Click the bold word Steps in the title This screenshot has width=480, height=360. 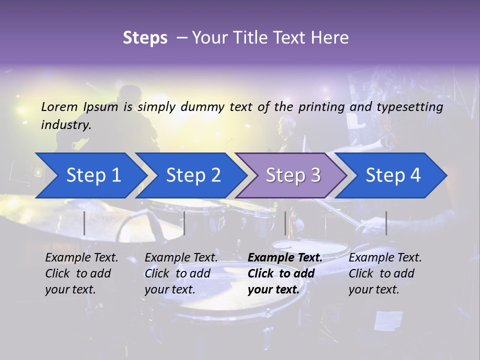pos(145,38)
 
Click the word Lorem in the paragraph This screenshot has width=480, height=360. pos(59,106)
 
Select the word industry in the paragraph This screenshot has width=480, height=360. pos(65,125)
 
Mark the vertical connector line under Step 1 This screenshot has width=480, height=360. pos(84,223)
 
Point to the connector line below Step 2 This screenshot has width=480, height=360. pos(184,223)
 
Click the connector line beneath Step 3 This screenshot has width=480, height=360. pos(285,223)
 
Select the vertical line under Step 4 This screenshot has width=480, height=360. pos(386,223)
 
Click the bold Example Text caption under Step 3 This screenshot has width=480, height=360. pos(284,273)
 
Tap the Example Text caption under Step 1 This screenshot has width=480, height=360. pos(81,273)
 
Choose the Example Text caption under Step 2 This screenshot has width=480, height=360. pos(181,273)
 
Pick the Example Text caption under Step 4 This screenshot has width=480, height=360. pos(385,273)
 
